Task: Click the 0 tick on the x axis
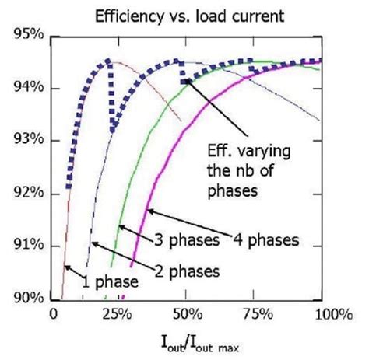54,314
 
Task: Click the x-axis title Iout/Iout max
186,341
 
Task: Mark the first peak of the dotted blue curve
108,61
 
